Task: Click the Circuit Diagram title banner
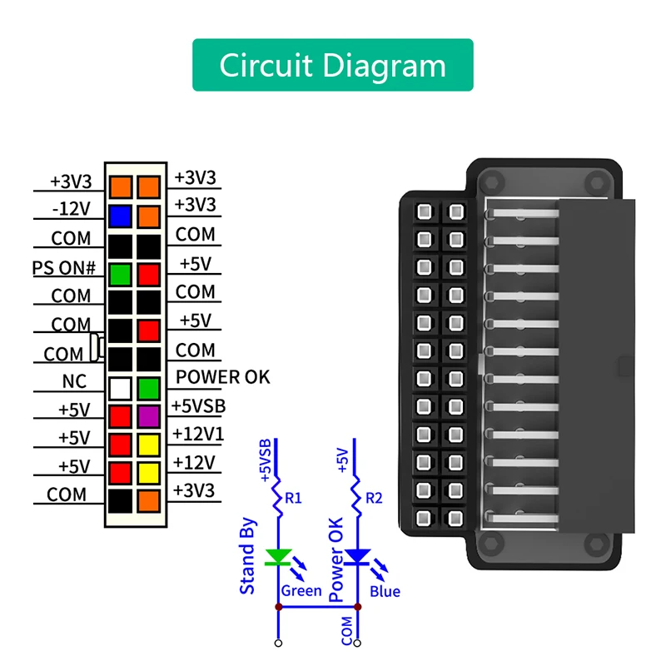click(x=333, y=65)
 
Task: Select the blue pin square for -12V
click(x=121, y=216)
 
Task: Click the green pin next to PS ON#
click(x=121, y=273)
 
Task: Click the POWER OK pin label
click(x=222, y=377)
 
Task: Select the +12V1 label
click(x=198, y=434)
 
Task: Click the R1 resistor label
click(x=293, y=499)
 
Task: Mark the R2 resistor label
click(x=373, y=499)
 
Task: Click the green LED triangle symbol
click(x=277, y=557)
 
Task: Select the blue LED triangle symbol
click(x=358, y=557)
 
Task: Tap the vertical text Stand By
click(x=248, y=556)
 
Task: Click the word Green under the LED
click(x=301, y=591)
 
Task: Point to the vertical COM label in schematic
click(x=346, y=631)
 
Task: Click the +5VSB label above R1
click(x=266, y=457)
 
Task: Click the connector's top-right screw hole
click(x=595, y=182)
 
